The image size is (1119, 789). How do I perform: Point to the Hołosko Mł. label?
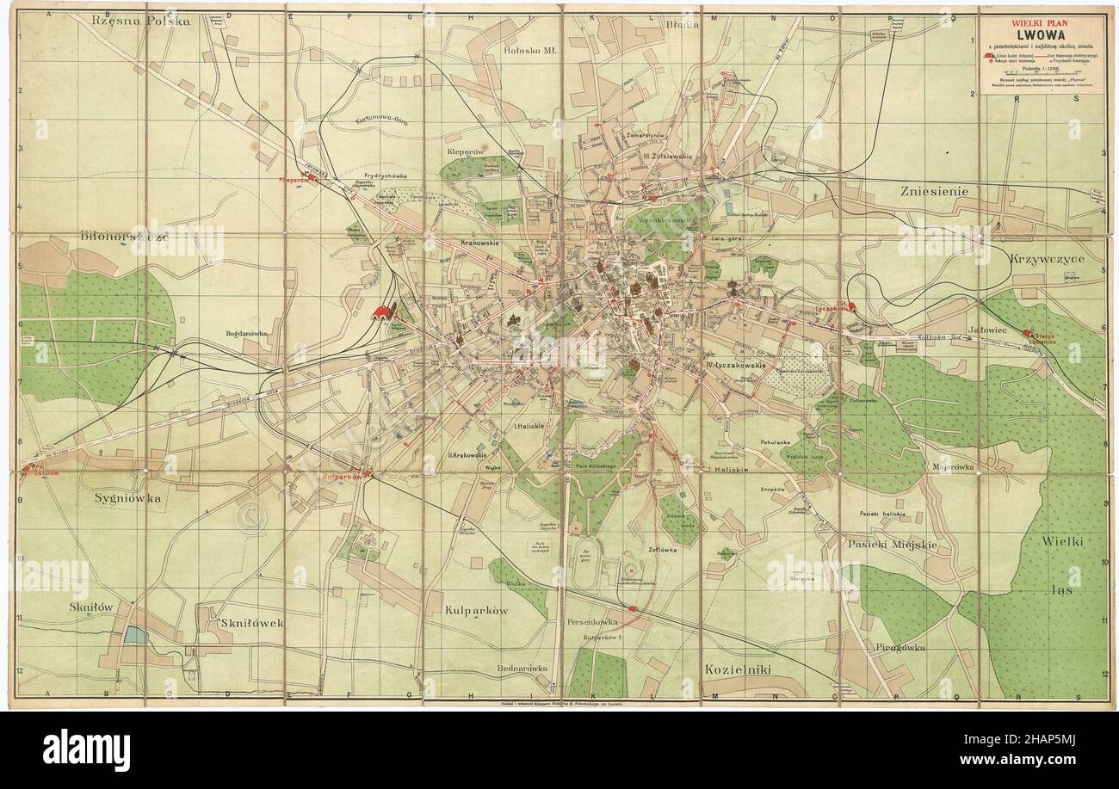point(530,51)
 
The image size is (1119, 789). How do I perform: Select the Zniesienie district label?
point(934,191)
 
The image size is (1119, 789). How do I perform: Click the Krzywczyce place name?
point(1048,258)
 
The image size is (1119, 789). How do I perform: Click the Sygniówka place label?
point(127,497)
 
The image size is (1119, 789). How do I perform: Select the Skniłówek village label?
point(252,620)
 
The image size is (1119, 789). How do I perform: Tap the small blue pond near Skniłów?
point(135,635)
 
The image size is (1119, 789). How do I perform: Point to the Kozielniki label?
point(737,669)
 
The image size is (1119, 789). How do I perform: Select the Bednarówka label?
point(522,669)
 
